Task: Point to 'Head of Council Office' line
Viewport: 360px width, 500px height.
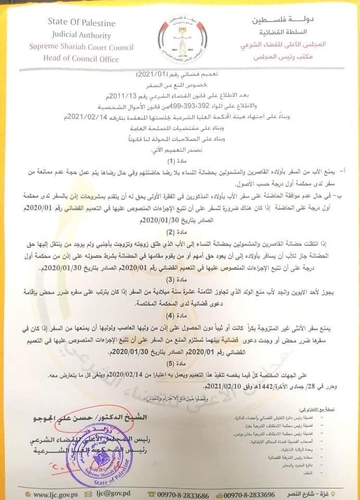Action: coord(80,59)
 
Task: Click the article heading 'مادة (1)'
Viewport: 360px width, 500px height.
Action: coord(179,160)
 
